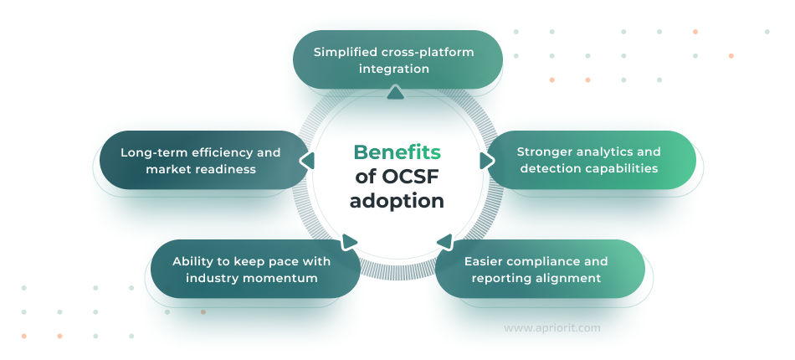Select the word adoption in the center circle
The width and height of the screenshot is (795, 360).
pyautogui.click(x=397, y=202)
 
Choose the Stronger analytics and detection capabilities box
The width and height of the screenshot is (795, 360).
pyautogui.click(x=589, y=160)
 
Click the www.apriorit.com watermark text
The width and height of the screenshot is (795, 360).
pyautogui.click(x=551, y=328)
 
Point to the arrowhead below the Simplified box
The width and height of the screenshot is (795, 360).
pyautogui.click(x=396, y=93)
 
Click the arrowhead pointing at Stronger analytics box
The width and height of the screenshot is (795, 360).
pyautogui.click(x=486, y=159)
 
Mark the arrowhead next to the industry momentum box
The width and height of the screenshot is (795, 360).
pyautogui.click(x=350, y=242)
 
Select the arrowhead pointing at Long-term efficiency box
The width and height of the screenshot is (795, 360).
pyautogui.click(x=306, y=161)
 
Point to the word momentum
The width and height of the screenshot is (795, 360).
pyautogui.click(x=280, y=278)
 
